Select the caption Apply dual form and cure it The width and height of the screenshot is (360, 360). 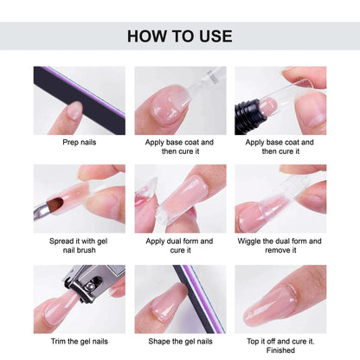179,245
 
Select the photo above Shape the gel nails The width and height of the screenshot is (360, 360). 179,299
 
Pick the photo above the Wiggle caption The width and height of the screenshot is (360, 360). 280,199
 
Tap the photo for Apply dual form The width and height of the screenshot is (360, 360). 179,199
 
